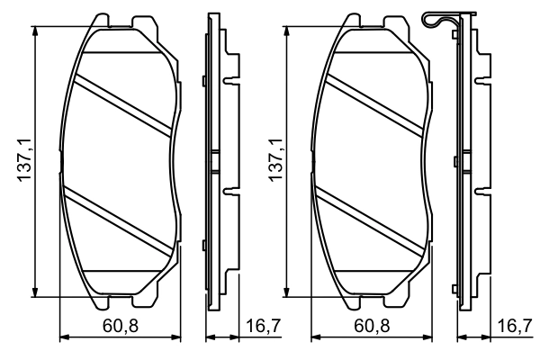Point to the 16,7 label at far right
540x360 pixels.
[x=514, y=325]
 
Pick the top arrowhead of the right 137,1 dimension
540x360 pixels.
[x=287, y=31]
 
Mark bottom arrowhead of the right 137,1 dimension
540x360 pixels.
[x=287, y=290]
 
